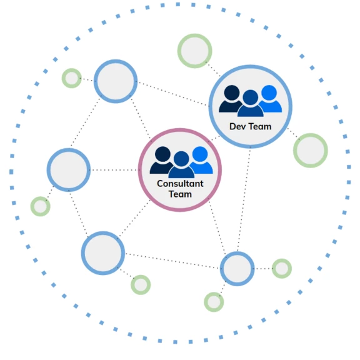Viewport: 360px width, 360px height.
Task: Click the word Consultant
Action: (180, 184)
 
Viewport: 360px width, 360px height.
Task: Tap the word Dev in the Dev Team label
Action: (237, 126)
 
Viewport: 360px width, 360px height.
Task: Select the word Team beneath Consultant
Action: (180, 194)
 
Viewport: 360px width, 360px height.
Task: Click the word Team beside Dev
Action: (260, 126)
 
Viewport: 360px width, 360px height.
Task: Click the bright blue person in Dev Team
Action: (271, 99)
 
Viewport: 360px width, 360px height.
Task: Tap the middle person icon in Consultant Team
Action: (181, 164)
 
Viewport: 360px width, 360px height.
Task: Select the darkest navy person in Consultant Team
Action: (161, 160)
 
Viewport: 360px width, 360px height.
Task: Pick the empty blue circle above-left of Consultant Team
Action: (116, 61)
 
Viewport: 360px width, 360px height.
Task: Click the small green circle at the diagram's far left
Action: (41, 197)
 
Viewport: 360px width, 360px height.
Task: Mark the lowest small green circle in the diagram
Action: (214, 293)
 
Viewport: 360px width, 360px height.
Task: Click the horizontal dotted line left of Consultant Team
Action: (114, 170)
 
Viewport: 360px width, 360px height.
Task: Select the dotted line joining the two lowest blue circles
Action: (172, 261)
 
